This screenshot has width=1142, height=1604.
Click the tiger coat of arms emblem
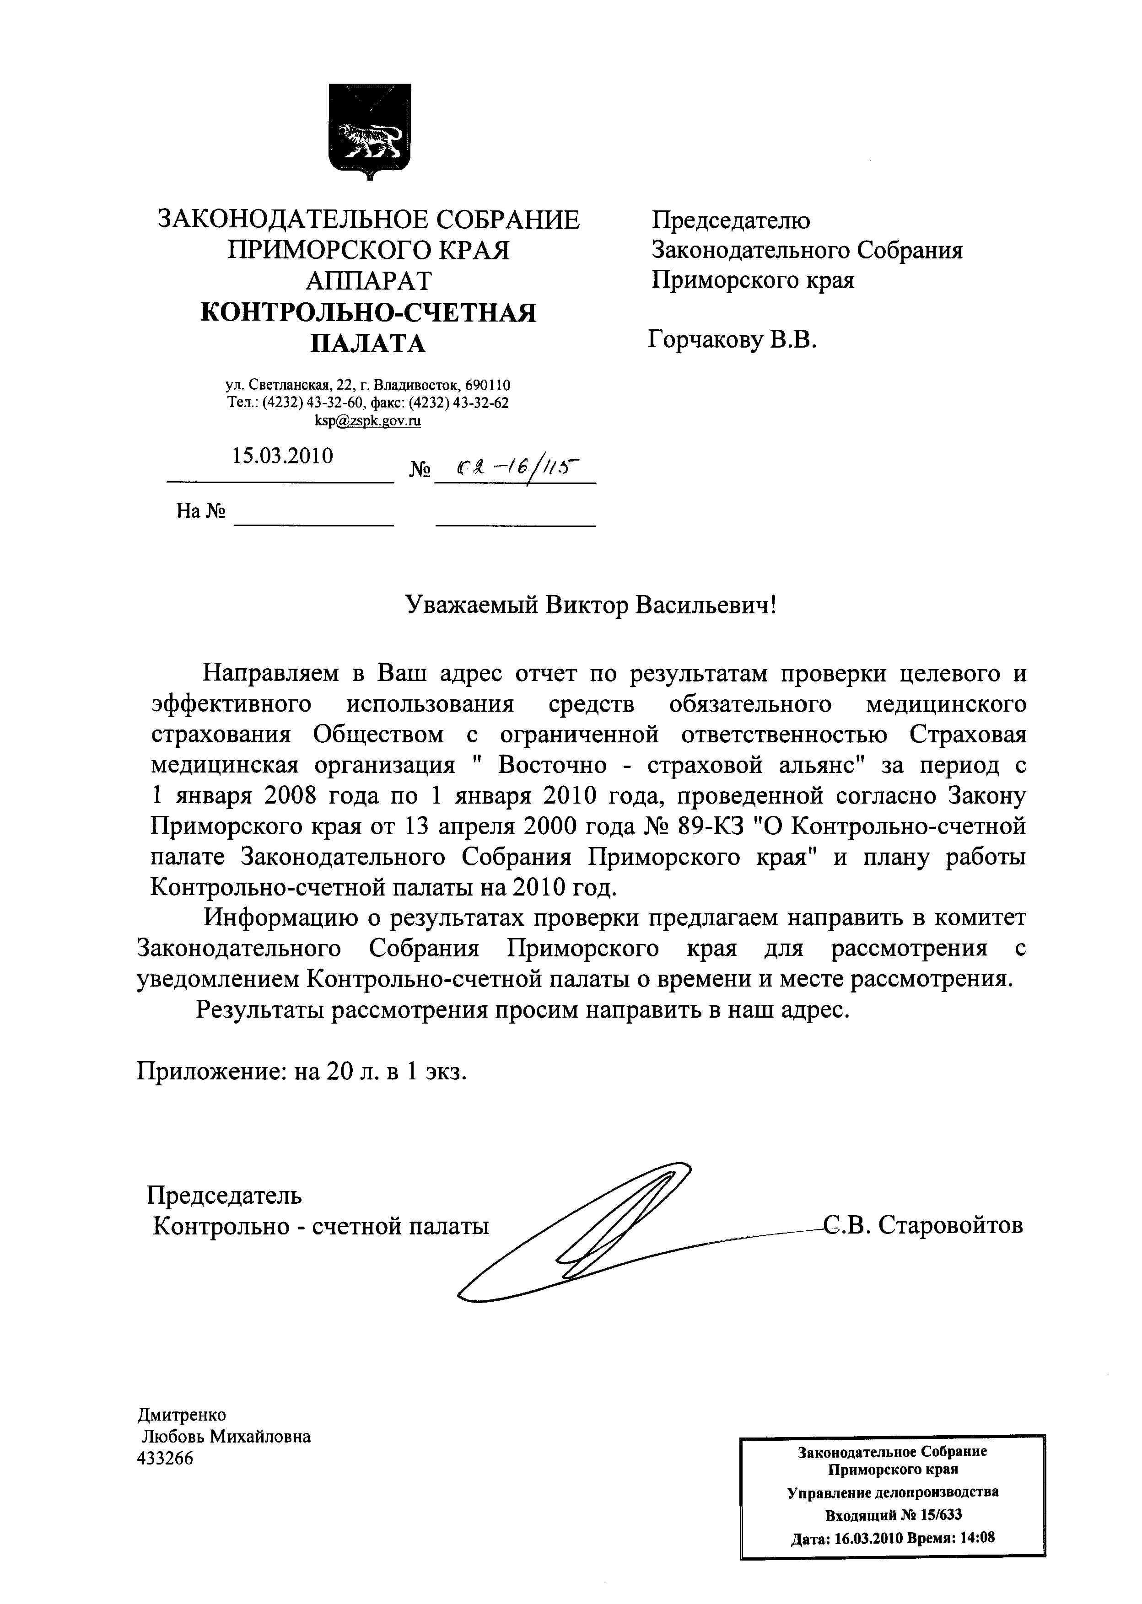[370, 132]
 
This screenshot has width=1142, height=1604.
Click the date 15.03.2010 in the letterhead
[283, 456]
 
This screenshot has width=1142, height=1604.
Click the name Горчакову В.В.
[732, 341]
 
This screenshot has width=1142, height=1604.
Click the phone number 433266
[165, 1459]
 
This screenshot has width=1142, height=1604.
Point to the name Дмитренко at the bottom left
[182, 1415]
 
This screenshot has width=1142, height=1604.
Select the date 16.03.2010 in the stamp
[868, 1537]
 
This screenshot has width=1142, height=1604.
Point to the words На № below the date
[200, 511]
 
